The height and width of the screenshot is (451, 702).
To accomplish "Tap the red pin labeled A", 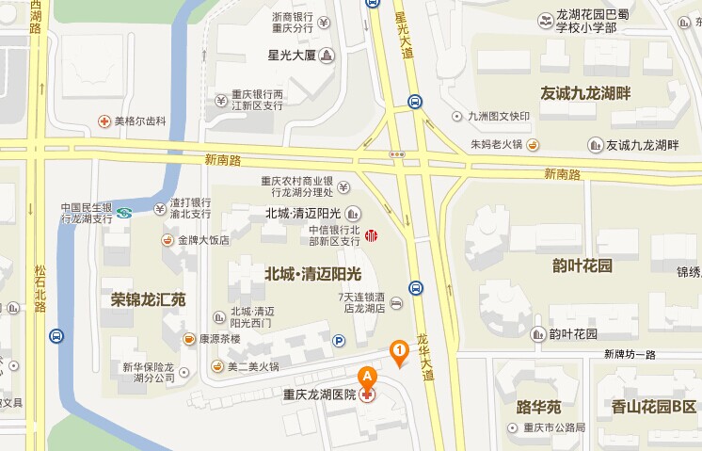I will pos(366,375).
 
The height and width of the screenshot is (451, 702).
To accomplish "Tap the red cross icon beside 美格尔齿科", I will pos(104,121).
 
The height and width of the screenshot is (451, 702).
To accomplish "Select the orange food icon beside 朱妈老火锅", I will pos(533,144).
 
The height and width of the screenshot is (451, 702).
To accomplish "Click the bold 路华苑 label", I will pos(538,407).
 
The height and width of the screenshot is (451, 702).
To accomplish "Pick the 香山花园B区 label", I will pos(653,407).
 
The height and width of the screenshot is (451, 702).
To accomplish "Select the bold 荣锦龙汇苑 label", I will pos(148,300).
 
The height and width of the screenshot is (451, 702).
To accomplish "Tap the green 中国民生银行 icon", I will pos(123,213).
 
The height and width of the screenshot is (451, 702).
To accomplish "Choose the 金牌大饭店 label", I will pos(203,239).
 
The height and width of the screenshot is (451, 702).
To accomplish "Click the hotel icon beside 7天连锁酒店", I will pos(396,303).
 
